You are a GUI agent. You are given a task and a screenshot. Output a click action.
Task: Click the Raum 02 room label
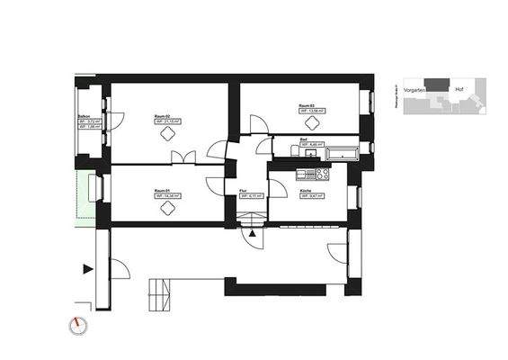(x=163, y=116)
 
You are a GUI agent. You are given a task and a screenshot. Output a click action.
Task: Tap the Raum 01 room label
(x=163, y=191)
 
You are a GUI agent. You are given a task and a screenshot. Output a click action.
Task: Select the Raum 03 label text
(x=307, y=105)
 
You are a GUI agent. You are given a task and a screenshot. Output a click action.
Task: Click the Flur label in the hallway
(x=244, y=191)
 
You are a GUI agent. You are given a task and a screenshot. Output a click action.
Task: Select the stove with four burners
(x=320, y=174)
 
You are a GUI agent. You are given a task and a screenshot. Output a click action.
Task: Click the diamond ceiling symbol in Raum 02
(x=167, y=134)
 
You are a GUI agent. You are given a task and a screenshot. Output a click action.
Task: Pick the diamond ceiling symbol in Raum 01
(x=167, y=208)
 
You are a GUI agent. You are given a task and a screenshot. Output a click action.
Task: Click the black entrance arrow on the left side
(x=87, y=268)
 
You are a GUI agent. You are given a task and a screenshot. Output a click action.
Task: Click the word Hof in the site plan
(x=459, y=89)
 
